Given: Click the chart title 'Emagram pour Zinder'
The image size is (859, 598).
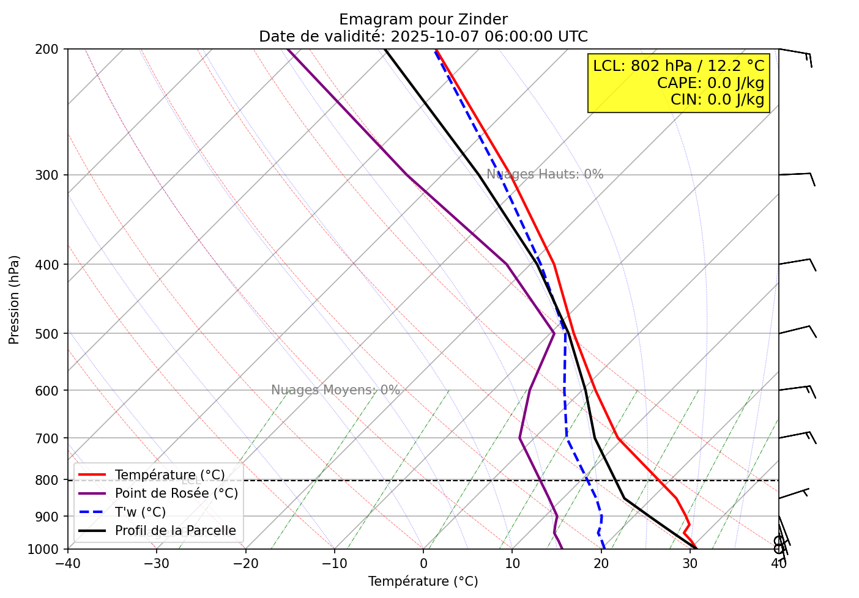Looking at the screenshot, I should pyautogui.click(x=423, y=20).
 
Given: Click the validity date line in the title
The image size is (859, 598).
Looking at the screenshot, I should pyautogui.click(x=423, y=37).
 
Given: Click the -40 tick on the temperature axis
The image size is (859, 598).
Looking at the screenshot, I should pyautogui.click(x=68, y=563).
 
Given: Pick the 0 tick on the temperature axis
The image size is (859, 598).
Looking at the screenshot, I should pyautogui.click(x=423, y=563).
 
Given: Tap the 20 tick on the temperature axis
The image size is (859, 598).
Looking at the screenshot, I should pyautogui.click(x=601, y=563).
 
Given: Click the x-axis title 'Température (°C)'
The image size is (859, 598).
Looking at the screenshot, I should pyautogui.click(x=423, y=581).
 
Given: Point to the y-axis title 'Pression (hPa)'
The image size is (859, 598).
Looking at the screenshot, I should pyautogui.click(x=14, y=300).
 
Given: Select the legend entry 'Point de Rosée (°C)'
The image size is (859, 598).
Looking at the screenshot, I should pyautogui.click(x=176, y=493).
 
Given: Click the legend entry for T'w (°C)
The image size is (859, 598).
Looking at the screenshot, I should pyautogui.click(x=140, y=512).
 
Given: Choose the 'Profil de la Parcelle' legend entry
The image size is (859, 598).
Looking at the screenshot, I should pyautogui.click(x=175, y=531).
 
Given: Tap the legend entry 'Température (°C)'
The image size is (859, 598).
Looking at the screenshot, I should pyautogui.click(x=169, y=475).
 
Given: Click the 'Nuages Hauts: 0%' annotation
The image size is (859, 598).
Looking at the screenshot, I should pyautogui.click(x=545, y=175).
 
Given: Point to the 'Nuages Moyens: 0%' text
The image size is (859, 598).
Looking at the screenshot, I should pyautogui.click(x=335, y=391).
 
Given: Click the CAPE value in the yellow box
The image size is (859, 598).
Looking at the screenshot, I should pyautogui.click(x=710, y=83).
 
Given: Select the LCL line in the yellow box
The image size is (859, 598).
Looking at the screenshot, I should pyautogui.click(x=679, y=66).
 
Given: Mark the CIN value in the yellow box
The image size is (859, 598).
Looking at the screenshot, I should pyautogui.click(x=717, y=100).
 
